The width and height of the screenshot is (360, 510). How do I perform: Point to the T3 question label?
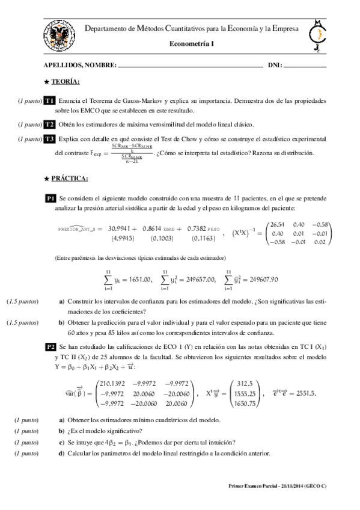point(50,139)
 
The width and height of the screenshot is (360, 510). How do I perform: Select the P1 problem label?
point(51,198)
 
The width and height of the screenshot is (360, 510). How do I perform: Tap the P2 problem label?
point(52,347)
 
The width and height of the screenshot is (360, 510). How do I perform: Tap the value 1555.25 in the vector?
point(246,393)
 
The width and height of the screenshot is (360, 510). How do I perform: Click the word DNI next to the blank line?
point(275,64)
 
